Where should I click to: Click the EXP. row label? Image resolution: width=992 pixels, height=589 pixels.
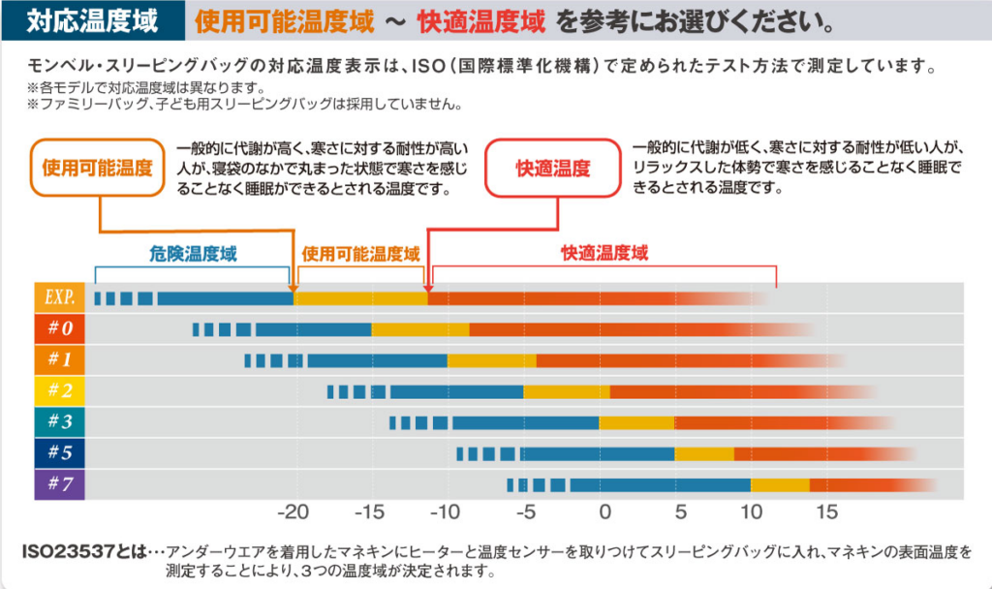pos(60,297)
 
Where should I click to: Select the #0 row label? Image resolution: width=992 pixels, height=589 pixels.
pos(60,329)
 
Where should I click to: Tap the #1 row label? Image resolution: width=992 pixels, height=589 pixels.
pos(60,360)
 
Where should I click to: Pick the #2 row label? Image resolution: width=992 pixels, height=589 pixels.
pos(60,391)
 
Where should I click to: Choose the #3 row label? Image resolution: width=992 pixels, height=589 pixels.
pos(60,422)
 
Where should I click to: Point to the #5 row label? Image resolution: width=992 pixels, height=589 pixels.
pos(60,453)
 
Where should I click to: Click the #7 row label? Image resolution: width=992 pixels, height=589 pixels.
pos(60,484)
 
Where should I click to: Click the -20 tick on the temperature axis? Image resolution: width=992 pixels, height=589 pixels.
pos(294,511)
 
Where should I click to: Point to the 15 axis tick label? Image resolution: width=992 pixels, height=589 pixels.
pos(826,511)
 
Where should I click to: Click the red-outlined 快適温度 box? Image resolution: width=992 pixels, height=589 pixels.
pos(552,168)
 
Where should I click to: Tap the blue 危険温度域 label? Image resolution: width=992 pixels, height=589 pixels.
pos(193,254)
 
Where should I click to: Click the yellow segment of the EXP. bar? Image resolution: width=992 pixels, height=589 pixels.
pos(360,298)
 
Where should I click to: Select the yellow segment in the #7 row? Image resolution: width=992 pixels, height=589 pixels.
pos(780,484)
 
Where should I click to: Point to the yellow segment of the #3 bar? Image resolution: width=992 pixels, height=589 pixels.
pos(636,422)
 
